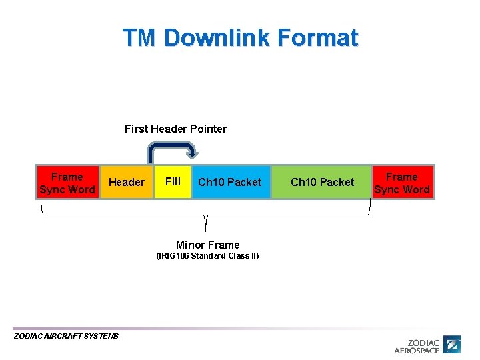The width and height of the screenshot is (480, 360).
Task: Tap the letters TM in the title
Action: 139,38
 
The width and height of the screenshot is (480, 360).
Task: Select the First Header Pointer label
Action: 175,129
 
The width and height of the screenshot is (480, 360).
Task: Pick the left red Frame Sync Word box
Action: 67,183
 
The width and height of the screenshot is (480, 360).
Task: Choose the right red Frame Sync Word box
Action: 402,183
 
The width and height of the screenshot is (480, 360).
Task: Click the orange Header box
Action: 127,183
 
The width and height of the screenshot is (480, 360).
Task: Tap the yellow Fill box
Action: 173,183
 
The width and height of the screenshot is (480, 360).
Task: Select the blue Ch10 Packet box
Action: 230,183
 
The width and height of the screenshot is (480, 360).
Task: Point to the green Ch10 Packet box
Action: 322,183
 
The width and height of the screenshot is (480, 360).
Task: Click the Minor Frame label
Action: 207,245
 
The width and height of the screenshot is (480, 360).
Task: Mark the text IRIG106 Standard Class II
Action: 207,256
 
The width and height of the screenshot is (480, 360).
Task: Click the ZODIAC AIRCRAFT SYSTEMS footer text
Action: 66,336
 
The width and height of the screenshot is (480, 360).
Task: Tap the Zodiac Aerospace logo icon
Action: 453,345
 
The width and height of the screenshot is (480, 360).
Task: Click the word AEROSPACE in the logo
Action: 417,350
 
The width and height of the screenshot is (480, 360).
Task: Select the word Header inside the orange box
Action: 127,183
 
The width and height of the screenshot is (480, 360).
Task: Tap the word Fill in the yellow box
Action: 173,181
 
